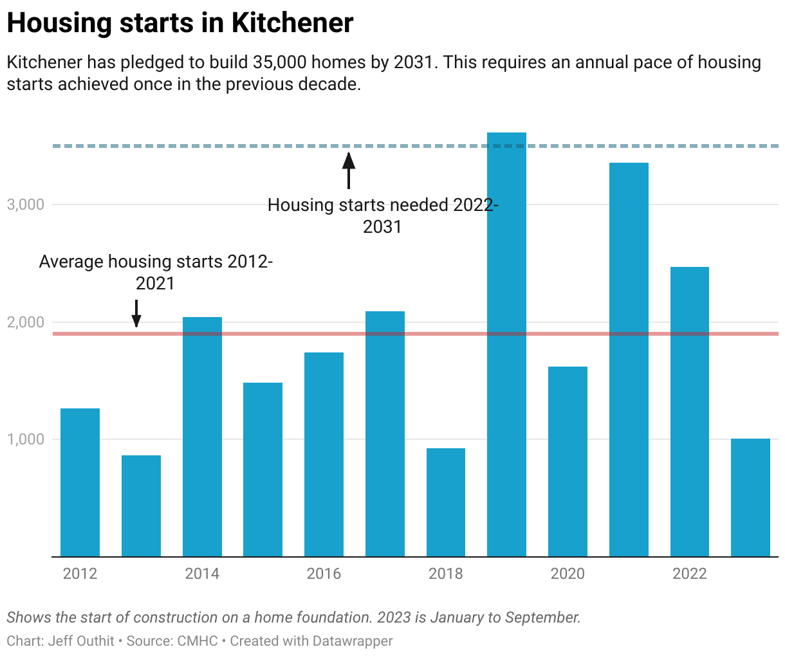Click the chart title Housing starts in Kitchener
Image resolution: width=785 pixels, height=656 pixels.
pyautogui.click(x=180, y=24)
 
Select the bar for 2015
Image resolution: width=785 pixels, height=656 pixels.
pyautogui.click(x=263, y=469)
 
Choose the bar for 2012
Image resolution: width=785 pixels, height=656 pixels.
pyautogui.click(x=80, y=482)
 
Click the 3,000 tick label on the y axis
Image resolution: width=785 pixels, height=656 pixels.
pyautogui.click(x=25, y=205)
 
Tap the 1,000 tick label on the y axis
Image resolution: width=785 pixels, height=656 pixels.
pyautogui.click(x=25, y=439)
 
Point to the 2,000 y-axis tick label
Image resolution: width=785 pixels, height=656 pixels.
pyautogui.click(x=25, y=322)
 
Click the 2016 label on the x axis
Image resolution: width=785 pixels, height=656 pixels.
pyautogui.click(x=324, y=574)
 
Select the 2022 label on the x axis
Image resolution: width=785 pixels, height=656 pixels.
pyautogui.click(x=689, y=574)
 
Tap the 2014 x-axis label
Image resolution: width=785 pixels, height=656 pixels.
pyautogui.click(x=202, y=574)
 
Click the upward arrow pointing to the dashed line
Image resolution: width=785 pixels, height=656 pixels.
pyautogui.click(x=348, y=170)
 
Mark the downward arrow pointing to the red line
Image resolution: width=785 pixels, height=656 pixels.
pyautogui.click(x=136, y=313)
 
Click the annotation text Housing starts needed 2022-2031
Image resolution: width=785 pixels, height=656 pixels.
pyautogui.click(x=383, y=215)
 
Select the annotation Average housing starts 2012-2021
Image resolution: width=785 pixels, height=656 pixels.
pyautogui.click(x=156, y=272)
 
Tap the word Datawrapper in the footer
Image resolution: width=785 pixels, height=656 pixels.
pyautogui.click(x=352, y=641)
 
